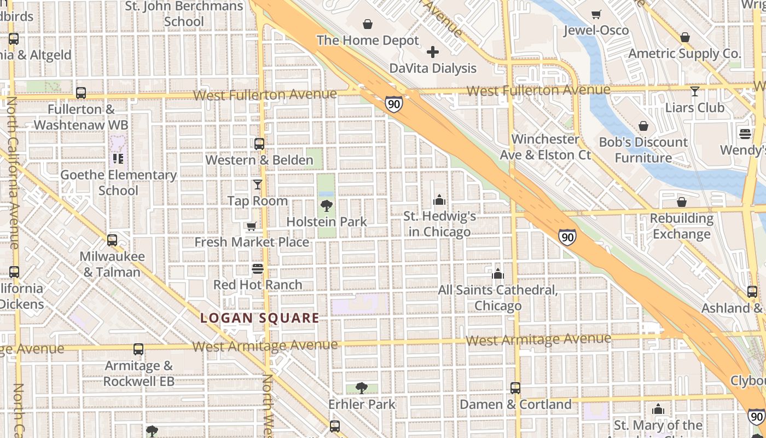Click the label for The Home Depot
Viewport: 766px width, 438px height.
tap(367, 41)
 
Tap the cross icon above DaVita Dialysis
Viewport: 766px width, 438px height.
tap(433, 52)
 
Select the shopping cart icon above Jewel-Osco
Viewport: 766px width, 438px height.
tap(596, 14)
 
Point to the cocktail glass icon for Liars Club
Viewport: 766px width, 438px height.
tap(695, 91)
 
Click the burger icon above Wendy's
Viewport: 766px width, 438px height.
tap(745, 134)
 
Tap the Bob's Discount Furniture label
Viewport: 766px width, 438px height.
tap(643, 150)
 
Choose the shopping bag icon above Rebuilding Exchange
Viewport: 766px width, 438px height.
tap(681, 202)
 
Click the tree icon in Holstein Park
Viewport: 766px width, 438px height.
tap(327, 206)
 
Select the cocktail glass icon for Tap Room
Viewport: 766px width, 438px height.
tap(258, 185)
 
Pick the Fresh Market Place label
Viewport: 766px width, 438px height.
tap(252, 242)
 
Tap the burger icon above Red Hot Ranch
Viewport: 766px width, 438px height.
tap(258, 268)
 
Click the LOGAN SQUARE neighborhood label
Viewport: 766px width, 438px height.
tap(259, 318)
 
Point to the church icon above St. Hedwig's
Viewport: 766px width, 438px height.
tap(439, 200)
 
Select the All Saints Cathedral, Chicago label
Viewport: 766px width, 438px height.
tap(497, 297)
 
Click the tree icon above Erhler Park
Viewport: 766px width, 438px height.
tap(361, 388)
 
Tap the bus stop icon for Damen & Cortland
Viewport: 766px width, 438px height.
tap(515, 388)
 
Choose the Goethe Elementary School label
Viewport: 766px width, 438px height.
tap(118, 183)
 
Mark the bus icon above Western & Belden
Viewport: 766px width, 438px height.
tap(259, 144)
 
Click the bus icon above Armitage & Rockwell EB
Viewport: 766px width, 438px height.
tap(138, 349)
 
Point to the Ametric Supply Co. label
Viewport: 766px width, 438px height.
tap(684, 54)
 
